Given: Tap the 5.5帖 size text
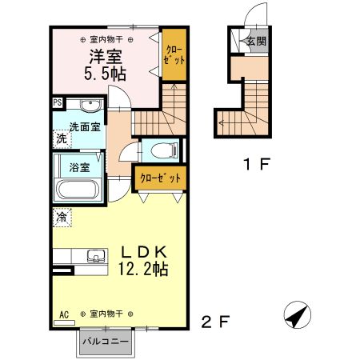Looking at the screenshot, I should tap(103, 74).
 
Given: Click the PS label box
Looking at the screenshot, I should tap(58, 102).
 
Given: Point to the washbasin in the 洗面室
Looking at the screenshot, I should tap(88, 106).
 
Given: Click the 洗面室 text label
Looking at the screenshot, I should tap(84, 126).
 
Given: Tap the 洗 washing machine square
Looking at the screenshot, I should tap(62, 138).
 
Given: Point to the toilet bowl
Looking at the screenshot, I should tap(159, 150).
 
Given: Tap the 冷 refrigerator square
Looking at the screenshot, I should tap(62, 216).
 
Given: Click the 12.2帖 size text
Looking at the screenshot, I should tap(142, 269).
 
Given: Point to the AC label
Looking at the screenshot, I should tap(63, 314).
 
